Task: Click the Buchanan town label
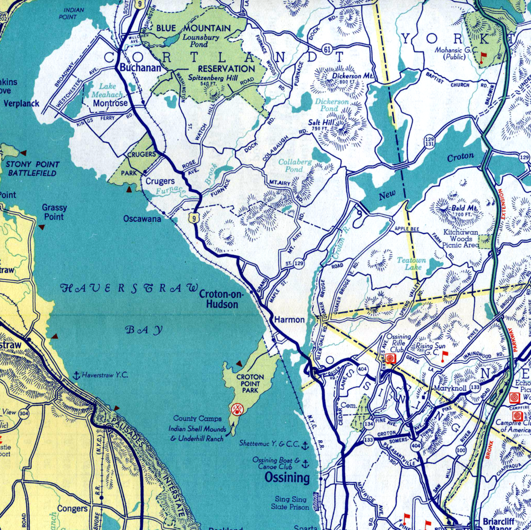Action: point(132,68)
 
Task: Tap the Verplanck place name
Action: point(21,104)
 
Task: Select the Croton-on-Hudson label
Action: point(219,299)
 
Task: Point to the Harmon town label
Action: point(289,320)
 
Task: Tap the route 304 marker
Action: point(23,413)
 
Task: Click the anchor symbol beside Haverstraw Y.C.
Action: point(76,375)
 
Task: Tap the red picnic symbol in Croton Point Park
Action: point(237,409)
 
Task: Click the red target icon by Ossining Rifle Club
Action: point(391,359)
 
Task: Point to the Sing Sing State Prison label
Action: point(291,503)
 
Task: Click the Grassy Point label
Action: point(53,212)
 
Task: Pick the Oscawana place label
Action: point(142,218)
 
